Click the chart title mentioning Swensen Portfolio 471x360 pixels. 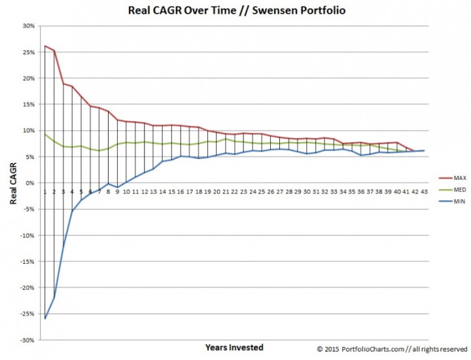[235, 11]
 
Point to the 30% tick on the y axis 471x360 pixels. [28, 26]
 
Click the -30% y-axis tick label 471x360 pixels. [27, 340]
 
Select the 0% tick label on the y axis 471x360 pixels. [30, 183]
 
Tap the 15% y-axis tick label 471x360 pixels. [28, 105]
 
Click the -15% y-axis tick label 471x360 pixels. [27, 262]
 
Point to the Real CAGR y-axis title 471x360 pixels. [12, 184]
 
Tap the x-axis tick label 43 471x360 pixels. [425, 192]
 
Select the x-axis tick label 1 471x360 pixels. [45, 192]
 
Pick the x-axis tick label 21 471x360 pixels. [226, 192]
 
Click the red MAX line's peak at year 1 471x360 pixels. [45, 46]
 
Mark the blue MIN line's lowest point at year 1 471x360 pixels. [45, 318]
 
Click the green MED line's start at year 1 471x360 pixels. [45, 134]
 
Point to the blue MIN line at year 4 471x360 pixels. [72, 211]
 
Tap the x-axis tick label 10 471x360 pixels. [126, 192]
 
